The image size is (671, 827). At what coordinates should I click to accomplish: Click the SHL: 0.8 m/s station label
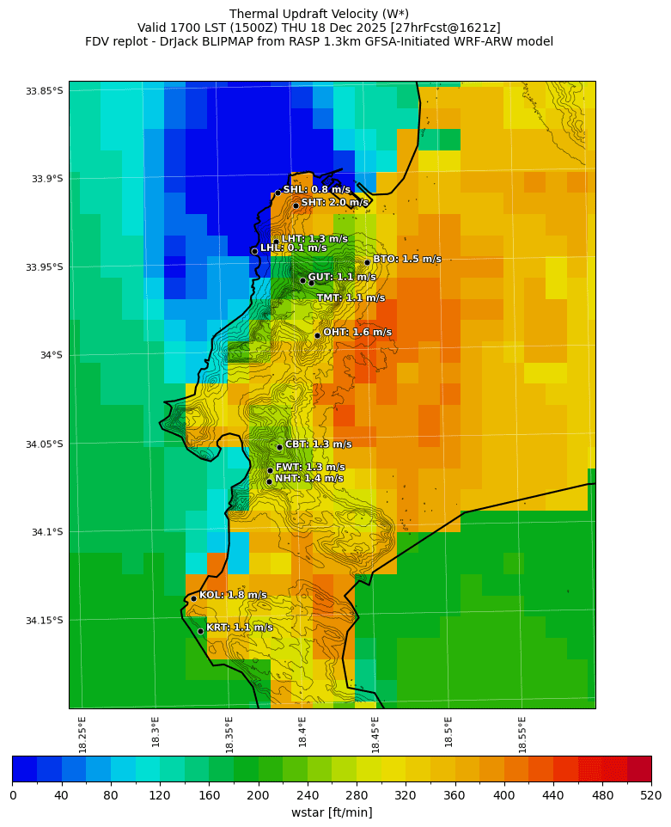316,189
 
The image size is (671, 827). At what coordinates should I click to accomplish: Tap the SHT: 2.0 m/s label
334,203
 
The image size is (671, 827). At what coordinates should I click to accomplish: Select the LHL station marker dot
254,251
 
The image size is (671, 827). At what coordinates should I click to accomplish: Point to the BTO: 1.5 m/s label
406,259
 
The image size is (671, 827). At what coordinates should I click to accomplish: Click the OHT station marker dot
317,335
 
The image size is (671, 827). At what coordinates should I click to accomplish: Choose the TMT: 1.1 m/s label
351,298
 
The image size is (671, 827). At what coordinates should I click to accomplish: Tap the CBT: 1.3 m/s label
318,444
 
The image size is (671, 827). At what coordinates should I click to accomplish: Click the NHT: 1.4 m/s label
308,479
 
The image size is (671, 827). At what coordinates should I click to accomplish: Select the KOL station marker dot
193,598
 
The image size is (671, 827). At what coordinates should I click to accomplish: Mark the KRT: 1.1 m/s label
239,628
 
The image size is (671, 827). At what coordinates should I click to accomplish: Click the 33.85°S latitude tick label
44,91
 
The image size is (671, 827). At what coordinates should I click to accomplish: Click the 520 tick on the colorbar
650,795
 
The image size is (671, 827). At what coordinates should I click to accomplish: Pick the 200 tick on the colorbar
258,795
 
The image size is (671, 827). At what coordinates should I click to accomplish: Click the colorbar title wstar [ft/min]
332,812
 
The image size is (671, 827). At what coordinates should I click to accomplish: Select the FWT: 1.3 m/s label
310,467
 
